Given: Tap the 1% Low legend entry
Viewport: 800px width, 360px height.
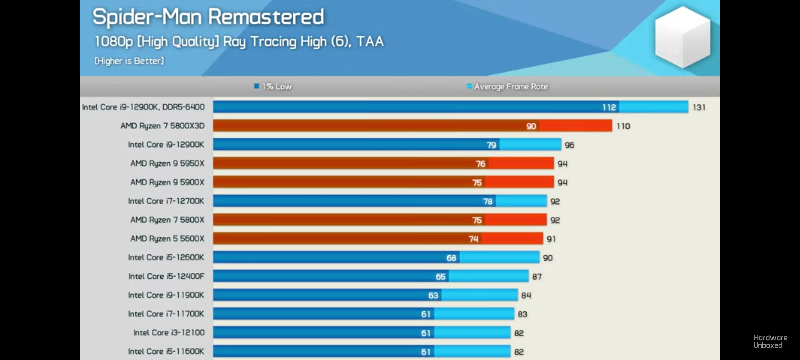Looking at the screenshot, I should (273, 87).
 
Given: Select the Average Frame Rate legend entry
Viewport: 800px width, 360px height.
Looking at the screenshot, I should (508, 87).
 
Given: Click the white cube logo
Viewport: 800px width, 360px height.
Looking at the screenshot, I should (682, 37).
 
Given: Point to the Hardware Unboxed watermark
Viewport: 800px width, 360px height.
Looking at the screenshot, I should (770, 342).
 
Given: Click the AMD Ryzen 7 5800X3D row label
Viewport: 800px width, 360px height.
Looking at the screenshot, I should (162, 126).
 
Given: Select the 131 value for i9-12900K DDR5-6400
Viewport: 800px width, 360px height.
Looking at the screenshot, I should (699, 107).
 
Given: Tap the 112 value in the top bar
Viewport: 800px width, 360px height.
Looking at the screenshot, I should (609, 107).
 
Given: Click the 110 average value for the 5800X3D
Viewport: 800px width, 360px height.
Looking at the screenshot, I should (623, 126).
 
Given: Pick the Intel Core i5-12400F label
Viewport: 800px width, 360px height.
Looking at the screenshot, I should (166, 276).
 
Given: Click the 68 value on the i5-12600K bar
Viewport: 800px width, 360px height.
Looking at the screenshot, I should (451, 258).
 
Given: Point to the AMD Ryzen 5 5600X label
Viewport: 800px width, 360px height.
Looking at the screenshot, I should (167, 239).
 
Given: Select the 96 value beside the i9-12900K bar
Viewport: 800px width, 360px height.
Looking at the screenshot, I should (569, 145).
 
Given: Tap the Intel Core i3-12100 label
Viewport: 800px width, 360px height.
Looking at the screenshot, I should (169, 333).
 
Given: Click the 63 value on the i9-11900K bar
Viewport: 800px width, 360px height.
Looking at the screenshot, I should (433, 295).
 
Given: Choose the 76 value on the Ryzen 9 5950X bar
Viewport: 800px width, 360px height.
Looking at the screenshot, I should (480, 164).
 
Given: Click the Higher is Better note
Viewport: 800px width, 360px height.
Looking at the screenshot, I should (129, 61).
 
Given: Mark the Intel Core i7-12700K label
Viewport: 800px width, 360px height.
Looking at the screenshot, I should (166, 201).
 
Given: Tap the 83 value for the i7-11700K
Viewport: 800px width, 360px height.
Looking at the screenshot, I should (522, 314).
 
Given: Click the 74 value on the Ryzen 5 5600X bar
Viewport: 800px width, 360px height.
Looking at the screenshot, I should (473, 239).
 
